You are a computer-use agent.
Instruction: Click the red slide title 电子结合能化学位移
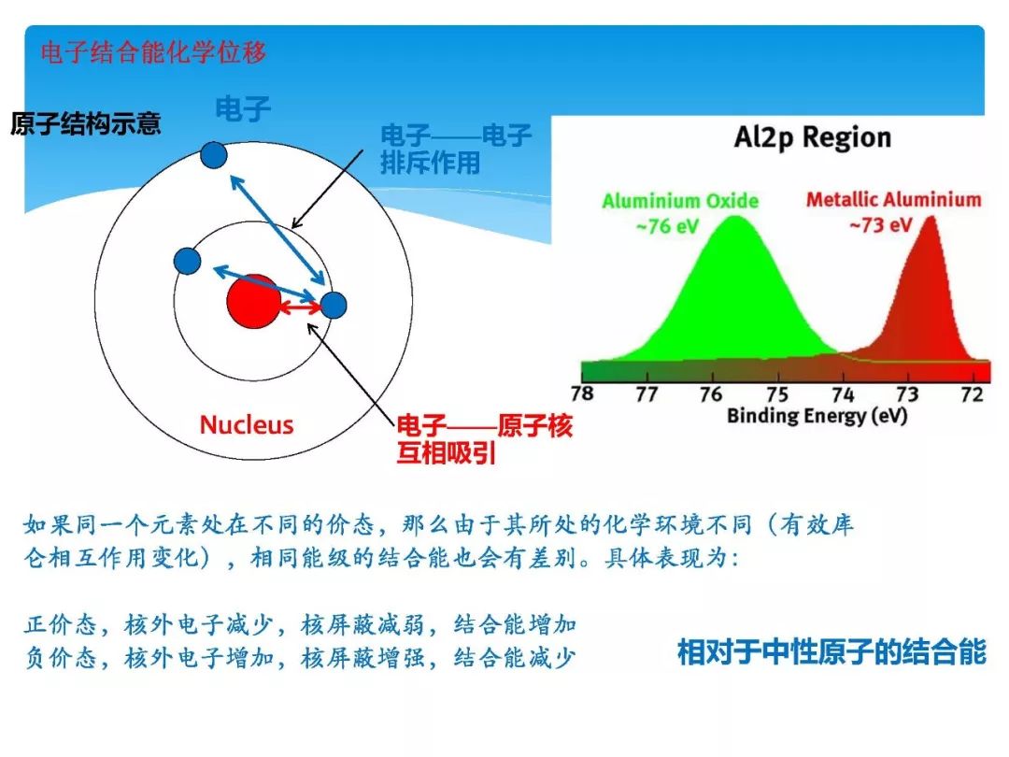[154, 51]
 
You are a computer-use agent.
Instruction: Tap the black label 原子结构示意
[86, 123]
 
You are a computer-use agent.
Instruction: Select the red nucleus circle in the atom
[253, 301]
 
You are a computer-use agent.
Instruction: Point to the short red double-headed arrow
[301, 308]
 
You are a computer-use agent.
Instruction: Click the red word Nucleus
[247, 425]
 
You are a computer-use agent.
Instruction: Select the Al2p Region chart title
[812, 138]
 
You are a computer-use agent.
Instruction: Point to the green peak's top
[734, 220]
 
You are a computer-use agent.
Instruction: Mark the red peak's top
[930, 221]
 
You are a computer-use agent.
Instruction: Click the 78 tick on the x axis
[581, 393]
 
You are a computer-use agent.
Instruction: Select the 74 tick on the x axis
[843, 393]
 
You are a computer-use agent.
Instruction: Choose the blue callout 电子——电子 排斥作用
[456, 150]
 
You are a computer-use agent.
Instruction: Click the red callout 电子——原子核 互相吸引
[484, 440]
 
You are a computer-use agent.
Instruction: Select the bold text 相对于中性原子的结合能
[831, 651]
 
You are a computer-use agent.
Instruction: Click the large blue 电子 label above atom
[243, 109]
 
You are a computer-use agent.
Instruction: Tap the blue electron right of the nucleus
[334, 306]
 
